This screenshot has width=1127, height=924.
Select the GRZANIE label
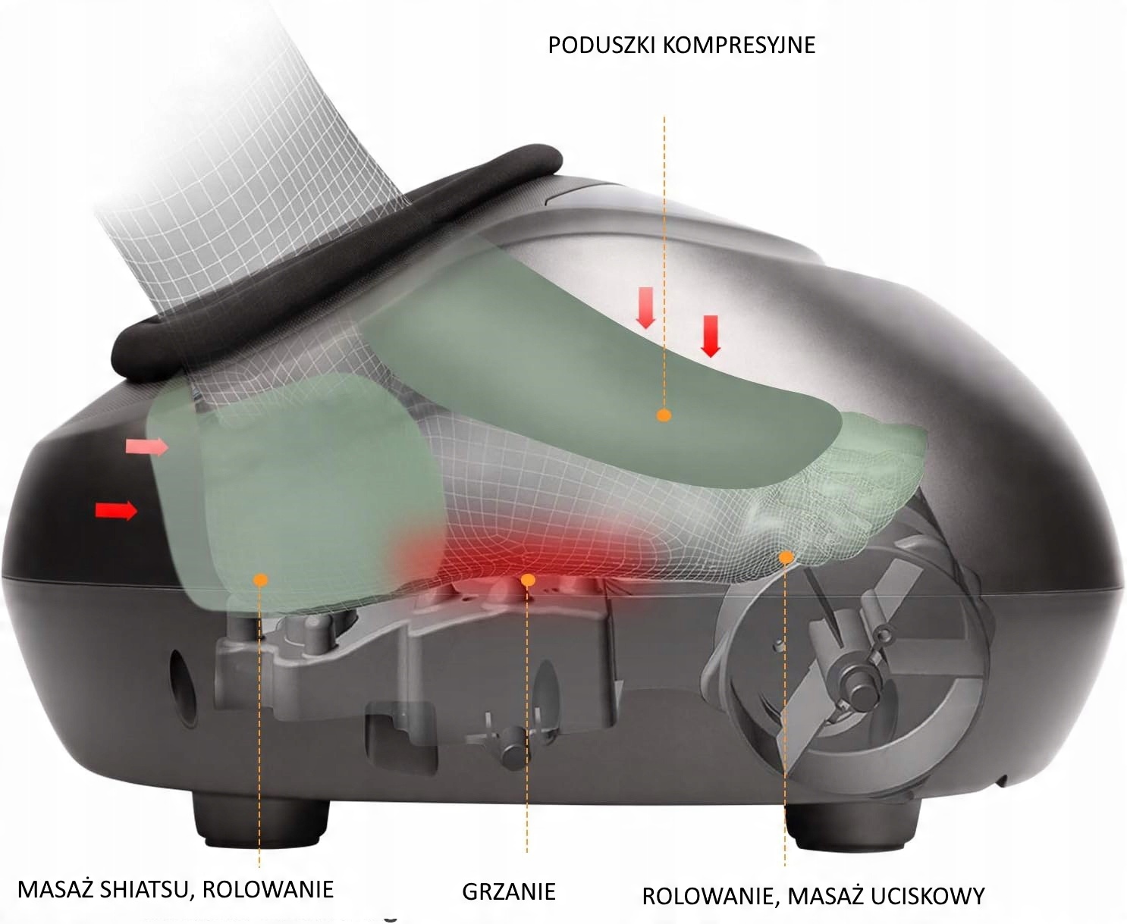pos(508,891)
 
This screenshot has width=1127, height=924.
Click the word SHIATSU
pos(146,888)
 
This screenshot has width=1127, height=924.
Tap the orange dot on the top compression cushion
pos(664,415)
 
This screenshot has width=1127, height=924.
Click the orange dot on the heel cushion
pos(261,580)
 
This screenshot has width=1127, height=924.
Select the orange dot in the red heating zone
pos(529,580)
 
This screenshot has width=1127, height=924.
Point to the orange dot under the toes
pos(786,557)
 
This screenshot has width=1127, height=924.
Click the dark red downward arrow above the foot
pos(711,336)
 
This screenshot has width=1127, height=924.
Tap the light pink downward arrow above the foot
pos(645,308)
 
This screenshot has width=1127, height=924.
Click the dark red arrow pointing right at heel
pos(116,510)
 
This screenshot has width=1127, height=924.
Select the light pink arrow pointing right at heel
pos(146,447)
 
